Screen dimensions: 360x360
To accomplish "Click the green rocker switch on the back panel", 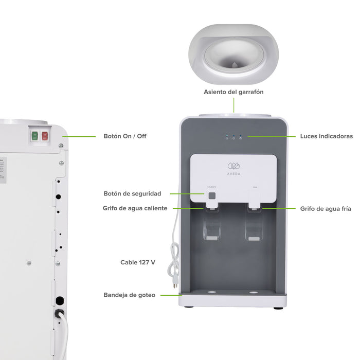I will (x=35, y=136).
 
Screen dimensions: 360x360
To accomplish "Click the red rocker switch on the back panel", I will (x=45, y=136).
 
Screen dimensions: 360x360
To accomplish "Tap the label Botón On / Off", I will (x=125, y=136).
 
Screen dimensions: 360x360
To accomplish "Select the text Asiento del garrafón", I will (x=233, y=92).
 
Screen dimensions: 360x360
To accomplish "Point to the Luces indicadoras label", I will (x=326, y=136).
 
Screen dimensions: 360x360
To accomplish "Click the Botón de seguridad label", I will (x=132, y=194).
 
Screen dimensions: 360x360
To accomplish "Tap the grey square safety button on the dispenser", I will (x=212, y=195).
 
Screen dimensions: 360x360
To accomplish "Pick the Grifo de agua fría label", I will (x=326, y=209).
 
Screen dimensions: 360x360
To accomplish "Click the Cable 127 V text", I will (x=138, y=262).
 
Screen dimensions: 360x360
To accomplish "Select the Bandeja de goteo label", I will (x=129, y=295).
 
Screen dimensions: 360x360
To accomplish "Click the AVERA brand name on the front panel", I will (x=234, y=173).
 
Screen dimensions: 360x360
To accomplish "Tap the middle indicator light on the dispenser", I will (x=233, y=137).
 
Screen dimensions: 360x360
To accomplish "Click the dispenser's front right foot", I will (x=278, y=308).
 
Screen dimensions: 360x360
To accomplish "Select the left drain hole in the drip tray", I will (x=211, y=293).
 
